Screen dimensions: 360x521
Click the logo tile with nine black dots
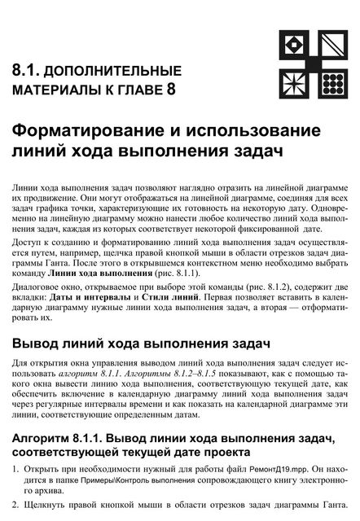click(331, 81)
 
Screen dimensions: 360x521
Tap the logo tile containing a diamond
click(294, 44)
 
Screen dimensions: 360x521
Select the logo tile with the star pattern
click(294, 81)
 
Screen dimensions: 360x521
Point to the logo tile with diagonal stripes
click(331, 44)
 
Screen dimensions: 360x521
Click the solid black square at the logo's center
click(313, 63)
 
